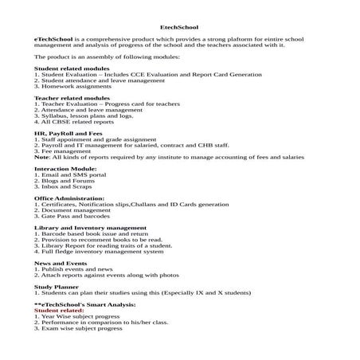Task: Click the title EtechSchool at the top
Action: click(179, 25)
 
